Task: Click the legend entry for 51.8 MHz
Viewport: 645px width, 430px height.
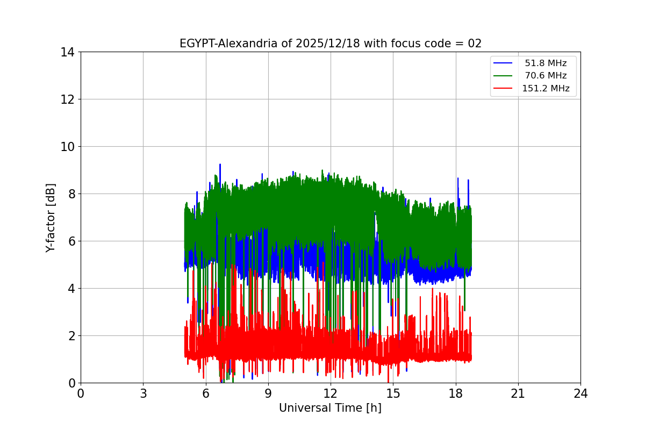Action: point(546,63)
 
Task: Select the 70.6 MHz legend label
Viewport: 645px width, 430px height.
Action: point(546,76)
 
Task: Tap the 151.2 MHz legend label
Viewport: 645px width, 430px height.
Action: point(546,89)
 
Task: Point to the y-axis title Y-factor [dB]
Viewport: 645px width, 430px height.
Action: point(51,217)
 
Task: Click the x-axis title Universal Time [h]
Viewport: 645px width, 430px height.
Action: point(330,408)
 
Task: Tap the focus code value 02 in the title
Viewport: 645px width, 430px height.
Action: point(475,44)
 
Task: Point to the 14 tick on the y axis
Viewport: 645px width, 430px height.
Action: point(68,52)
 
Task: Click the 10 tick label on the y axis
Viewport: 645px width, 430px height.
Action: point(68,147)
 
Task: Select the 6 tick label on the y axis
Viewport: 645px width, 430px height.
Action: point(71,241)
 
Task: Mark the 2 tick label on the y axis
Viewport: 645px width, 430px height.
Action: point(71,336)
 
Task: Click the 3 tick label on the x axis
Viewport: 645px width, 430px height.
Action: point(143,393)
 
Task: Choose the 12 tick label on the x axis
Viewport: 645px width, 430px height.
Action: point(331,393)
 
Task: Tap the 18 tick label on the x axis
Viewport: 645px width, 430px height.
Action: point(456,393)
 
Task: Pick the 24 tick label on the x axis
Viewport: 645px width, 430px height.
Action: point(580,393)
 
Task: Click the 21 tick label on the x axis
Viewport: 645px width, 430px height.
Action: point(518,393)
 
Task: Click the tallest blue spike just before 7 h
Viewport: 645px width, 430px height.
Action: point(220,165)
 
